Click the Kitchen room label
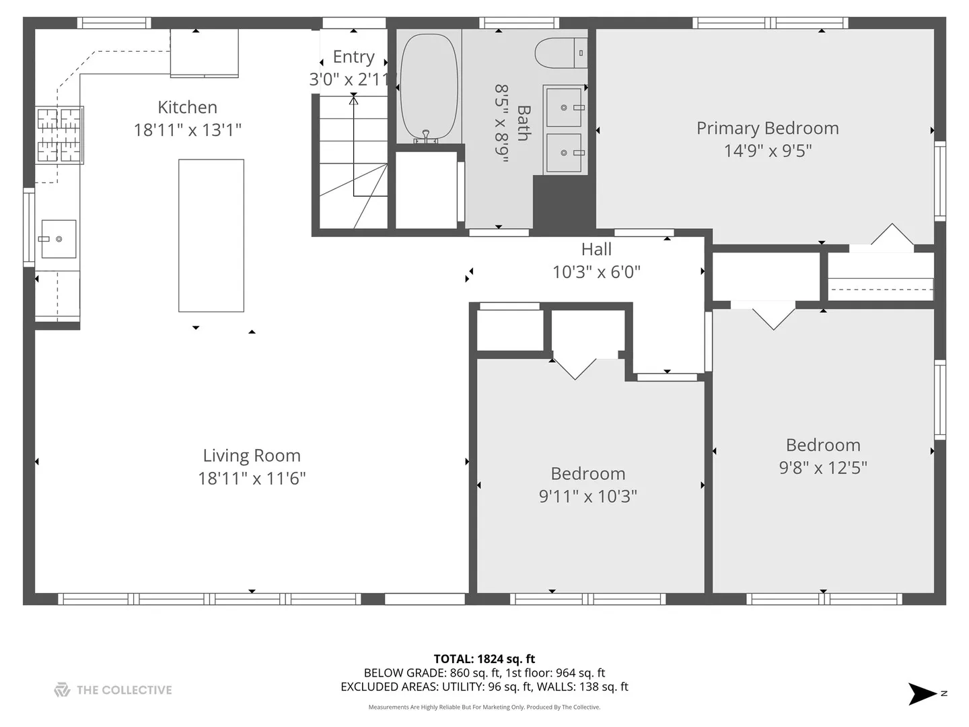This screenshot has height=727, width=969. [x=187, y=107]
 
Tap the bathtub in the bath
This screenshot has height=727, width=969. [x=428, y=87]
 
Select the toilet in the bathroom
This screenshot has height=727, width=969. [x=561, y=53]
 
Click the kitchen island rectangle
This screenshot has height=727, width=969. [x=211, y=236]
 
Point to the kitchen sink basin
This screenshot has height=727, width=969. [x=59, y=239]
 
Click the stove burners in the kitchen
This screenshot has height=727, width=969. [x=59, y=135]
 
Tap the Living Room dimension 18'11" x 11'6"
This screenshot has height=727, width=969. [x=252, y=479]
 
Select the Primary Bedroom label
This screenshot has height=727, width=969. [x=768, y=129]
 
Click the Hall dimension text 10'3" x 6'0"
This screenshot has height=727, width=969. [x=596, y=273]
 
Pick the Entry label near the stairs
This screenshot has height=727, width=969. [x=353, y=57]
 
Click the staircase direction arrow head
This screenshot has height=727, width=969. [x=353, y=100]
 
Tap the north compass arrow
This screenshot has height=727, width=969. [x=922, y=693]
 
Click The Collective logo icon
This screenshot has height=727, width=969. [x=62, y=689]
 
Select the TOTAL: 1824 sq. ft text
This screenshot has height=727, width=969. [x=485, y=659]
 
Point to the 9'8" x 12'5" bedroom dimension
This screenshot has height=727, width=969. [x=823, y=468]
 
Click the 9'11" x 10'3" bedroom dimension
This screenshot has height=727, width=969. [x=587, y=497]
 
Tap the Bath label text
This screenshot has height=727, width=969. [x=523, y=123]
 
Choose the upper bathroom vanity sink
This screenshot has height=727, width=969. [x=564, y=107]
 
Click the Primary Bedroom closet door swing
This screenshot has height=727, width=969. [x=892, y=234]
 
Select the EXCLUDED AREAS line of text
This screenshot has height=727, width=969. [x=485, y=687]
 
